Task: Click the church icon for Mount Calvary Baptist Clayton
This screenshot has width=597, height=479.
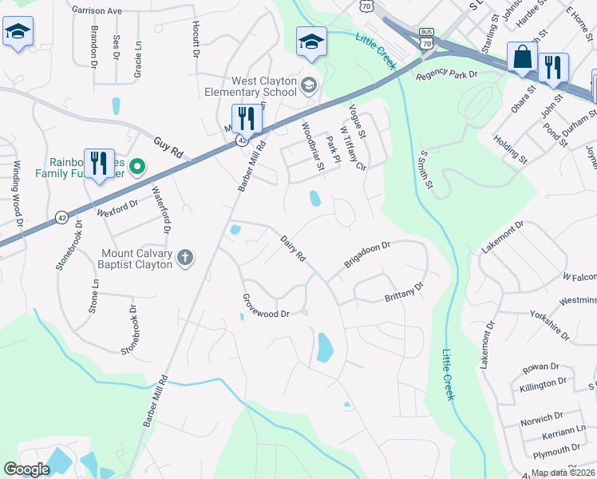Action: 184,257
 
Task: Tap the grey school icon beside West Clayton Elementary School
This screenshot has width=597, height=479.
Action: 309,84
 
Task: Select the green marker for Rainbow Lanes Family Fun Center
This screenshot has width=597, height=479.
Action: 136,167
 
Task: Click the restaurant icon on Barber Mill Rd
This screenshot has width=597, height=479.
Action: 247,119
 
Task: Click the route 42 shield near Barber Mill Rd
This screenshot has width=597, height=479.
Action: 240,140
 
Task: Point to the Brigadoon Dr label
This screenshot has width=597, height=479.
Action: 366,255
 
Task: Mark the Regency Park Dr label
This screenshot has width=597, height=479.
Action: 446,74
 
